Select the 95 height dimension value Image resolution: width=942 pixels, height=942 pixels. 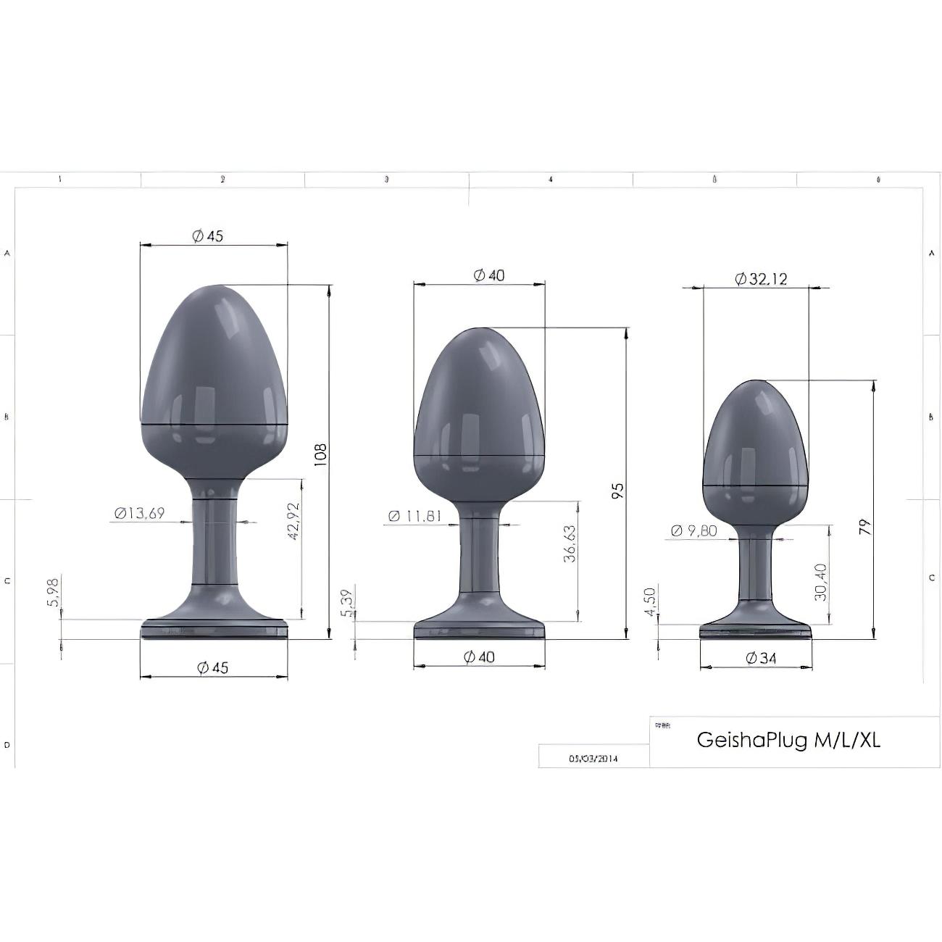pos(617,491)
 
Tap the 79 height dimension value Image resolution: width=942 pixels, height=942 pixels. pos(865,526)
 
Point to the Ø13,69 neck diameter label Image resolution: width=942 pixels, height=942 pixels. pos(139,514)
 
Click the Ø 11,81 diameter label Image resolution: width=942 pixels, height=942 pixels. pos(414,516)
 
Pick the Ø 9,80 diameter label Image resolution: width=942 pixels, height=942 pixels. pos(693,531)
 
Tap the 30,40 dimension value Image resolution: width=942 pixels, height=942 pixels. pos(820,582)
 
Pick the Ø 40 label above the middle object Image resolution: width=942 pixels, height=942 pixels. pos(488,275)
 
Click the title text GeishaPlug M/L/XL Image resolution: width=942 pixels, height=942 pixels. pos(788,740)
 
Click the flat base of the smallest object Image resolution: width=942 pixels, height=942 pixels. pos(755,633)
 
